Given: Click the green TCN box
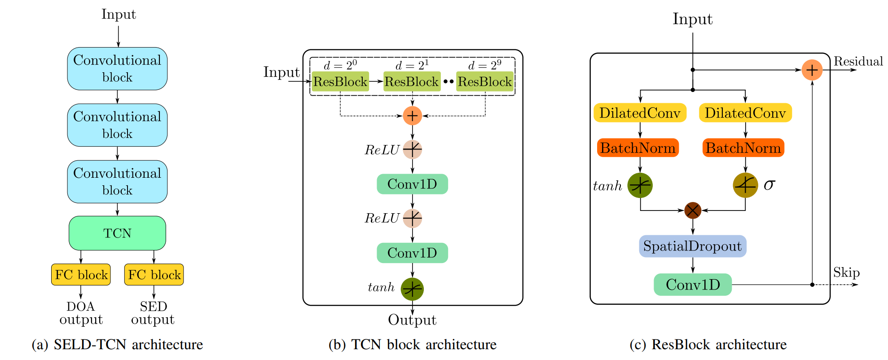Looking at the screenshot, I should [117, 233].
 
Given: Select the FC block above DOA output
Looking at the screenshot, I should [81, 274].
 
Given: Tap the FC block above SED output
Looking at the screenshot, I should [154, 274].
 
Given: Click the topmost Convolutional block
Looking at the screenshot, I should [117, 69].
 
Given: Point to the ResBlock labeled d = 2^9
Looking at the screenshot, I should [485, 82].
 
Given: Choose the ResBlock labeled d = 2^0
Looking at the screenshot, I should [340, 82].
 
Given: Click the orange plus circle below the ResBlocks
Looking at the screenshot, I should [412, 116].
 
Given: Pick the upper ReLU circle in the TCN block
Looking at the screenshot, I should [412, 149].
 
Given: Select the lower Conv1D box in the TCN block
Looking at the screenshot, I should [412, 253].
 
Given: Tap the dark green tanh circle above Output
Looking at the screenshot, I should [412, 289].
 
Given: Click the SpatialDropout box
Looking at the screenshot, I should [692, 246].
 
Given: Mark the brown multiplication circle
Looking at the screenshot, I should [693, 210].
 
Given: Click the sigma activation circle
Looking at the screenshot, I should [745, 185].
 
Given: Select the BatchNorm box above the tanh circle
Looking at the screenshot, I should [637, 148].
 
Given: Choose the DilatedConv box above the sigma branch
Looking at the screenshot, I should [745, 113].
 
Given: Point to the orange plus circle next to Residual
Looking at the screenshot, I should [812, 70].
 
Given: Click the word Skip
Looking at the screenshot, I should [846, 272].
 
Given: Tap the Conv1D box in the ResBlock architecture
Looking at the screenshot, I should [693, 285].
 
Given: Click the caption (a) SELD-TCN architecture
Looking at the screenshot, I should [117, 344].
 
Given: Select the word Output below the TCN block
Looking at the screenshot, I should [412, 320].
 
